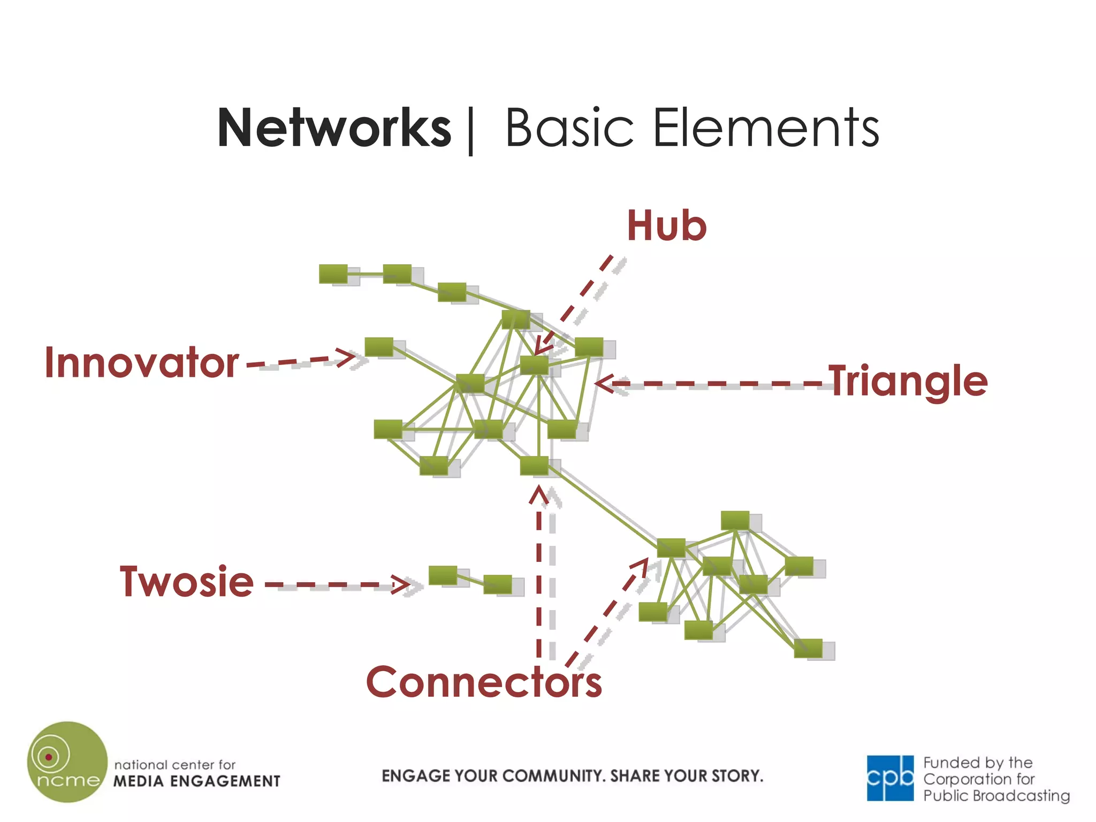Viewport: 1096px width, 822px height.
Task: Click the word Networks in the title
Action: (x=334, y=128)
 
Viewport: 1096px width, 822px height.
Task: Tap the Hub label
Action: (x=666, y=226)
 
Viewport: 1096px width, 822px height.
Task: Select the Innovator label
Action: (x=142, y=363)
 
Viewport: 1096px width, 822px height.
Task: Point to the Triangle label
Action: (x=909, y=381)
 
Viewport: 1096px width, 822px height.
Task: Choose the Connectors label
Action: (x=484, y=682)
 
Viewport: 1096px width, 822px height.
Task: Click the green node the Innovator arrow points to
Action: (x=379, y=347)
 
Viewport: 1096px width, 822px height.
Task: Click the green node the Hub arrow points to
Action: (x=534, y=365)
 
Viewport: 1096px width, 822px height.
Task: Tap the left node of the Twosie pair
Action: (x=443, y=575)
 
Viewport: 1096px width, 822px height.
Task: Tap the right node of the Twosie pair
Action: (x=498, y=584)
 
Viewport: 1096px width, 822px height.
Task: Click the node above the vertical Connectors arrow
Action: (x=534, y=466)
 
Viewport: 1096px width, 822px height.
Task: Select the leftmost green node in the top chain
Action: (x=333, y=274)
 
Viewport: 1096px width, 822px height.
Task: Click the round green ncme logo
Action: (x=67, y=762)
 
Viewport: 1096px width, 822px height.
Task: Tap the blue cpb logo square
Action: (x=890, y=778)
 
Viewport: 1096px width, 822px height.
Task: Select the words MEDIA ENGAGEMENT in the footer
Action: (x=197, y=781)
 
